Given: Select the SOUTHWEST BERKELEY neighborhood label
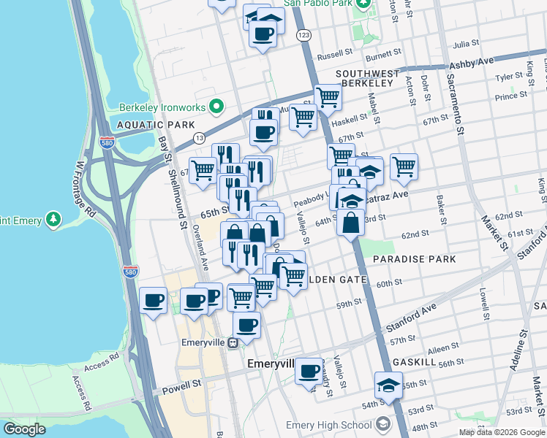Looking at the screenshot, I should [x=368, y=79].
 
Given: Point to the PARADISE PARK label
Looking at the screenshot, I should [x=414, y=259].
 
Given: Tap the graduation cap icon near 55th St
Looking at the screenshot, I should [x=388, y=385].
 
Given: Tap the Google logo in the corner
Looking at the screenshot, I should [x=24, y=429].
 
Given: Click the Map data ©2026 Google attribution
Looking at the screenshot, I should [x=502, y=432].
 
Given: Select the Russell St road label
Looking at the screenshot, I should [x=335, y=55].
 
